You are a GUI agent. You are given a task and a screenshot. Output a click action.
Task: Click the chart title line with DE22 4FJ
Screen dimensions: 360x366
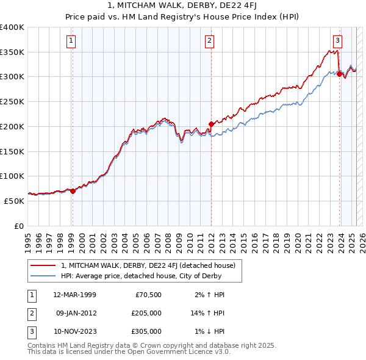[182, 7]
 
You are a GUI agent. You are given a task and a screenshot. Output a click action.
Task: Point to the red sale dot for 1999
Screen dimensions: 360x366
[73, 191]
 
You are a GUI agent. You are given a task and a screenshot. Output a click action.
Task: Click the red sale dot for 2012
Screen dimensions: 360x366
[211, 124]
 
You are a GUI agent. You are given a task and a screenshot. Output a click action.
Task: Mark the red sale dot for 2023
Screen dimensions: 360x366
[339, 74]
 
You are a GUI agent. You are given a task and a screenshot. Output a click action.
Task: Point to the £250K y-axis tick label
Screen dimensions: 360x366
[12, 101]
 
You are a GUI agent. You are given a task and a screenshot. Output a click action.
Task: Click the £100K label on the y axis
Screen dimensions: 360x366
[12, 176]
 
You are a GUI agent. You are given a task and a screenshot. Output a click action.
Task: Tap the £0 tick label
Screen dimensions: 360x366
[19, 226]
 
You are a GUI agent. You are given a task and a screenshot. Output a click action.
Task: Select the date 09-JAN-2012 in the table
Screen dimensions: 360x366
[75, 313]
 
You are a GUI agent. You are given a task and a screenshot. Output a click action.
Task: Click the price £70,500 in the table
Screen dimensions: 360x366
[148, 295]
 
